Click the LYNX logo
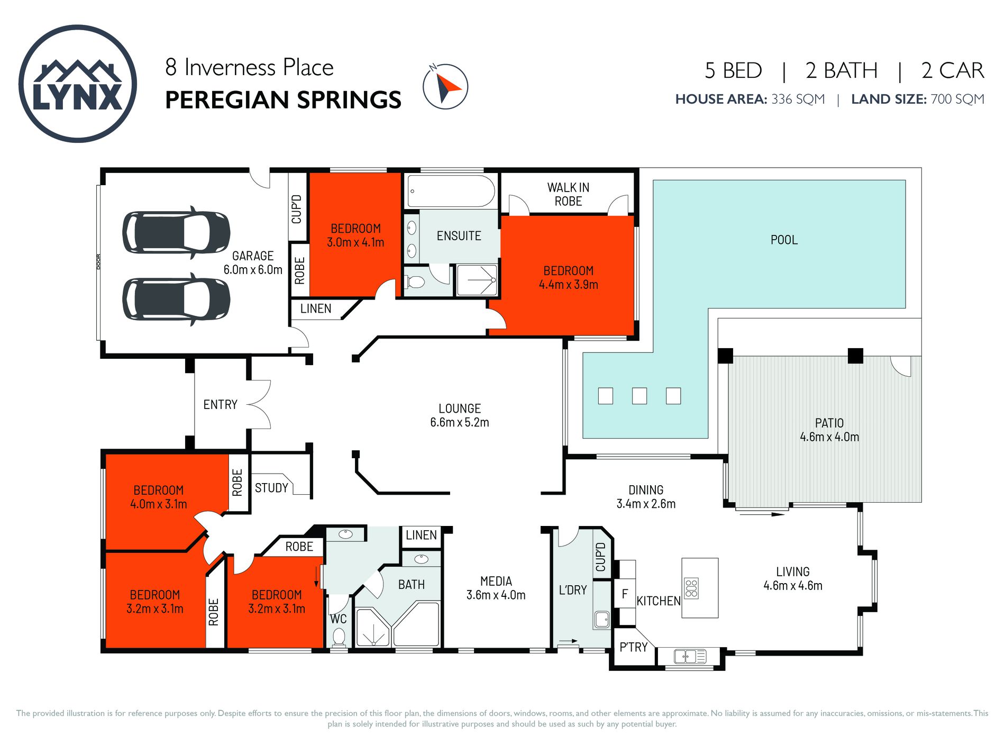[78, 84]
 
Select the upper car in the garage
[176, 232]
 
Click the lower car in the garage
[176, 299]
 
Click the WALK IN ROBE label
[568, 194]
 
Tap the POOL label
[784, 240]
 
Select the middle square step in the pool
[639, 396]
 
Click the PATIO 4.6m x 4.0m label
[829, 430]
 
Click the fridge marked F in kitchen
[624, 594]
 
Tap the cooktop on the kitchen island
[691, 588]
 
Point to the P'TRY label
[633, 647]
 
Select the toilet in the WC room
[339, 637]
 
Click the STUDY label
[271, 487]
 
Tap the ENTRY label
[220, 404]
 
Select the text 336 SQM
[798, 99]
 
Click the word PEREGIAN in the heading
[224, 100]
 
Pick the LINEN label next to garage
[316, 308]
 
